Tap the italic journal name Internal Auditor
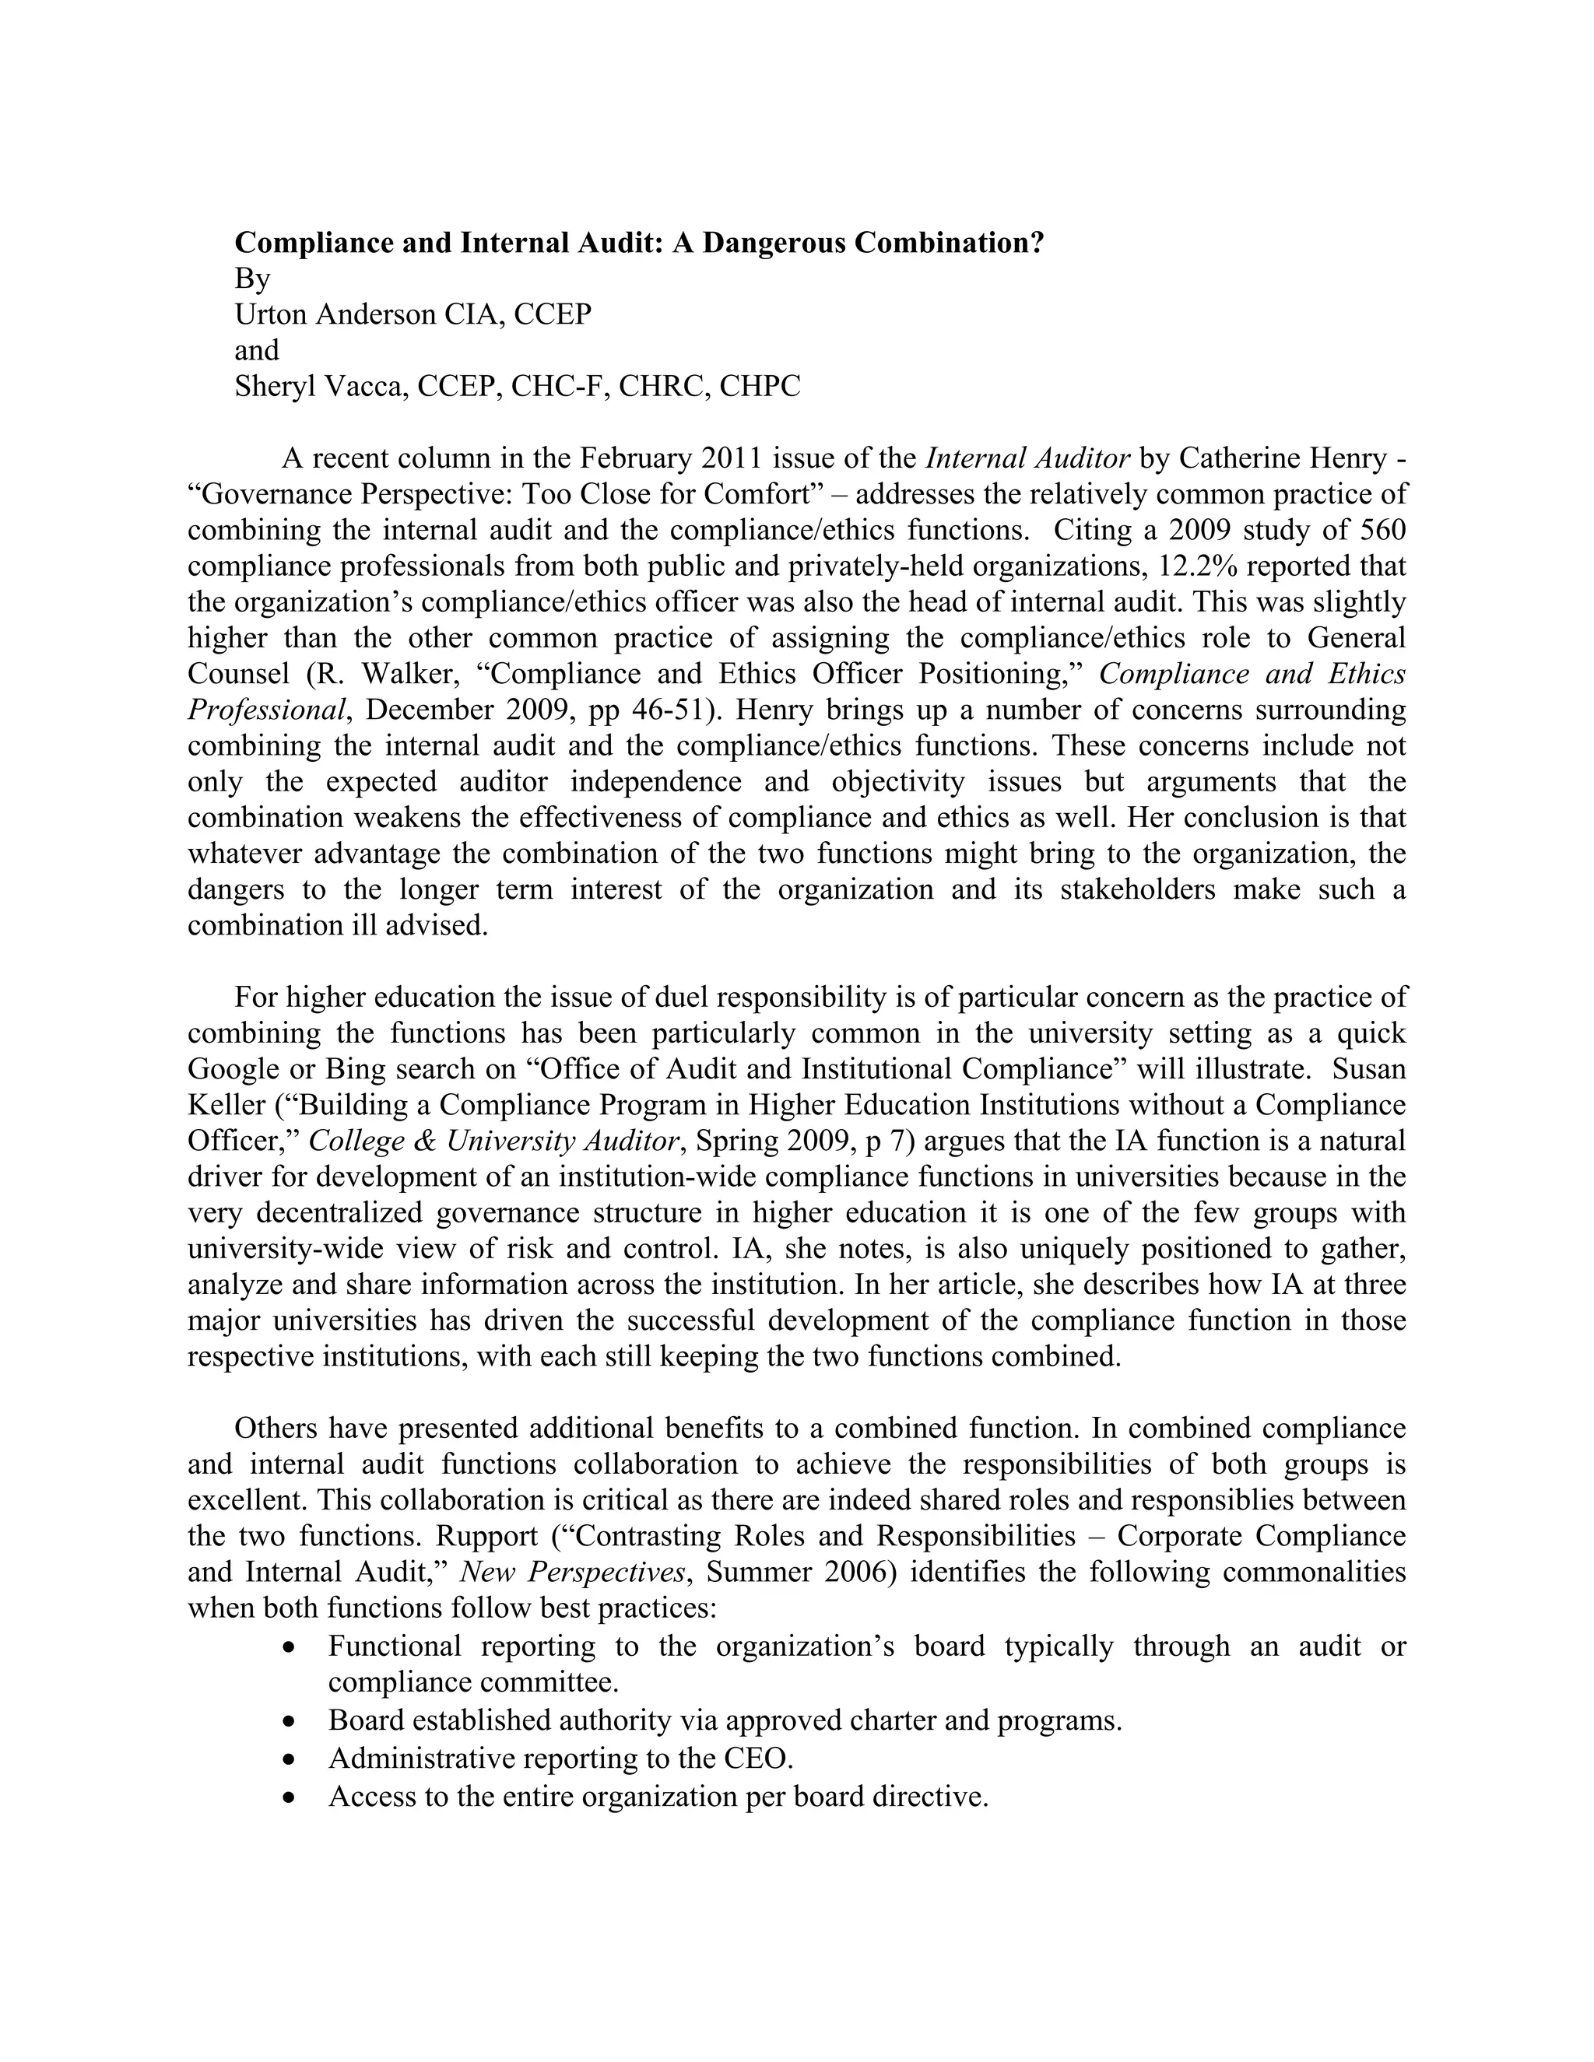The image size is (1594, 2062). point(1027,459)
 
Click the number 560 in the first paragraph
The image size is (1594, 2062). point(1380,531)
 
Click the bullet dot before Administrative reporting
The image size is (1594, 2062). point(290,1760)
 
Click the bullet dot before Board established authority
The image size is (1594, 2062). point(290,1722)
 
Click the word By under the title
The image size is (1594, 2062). point(252,279)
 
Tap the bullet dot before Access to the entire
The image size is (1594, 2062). point(290,1797)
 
